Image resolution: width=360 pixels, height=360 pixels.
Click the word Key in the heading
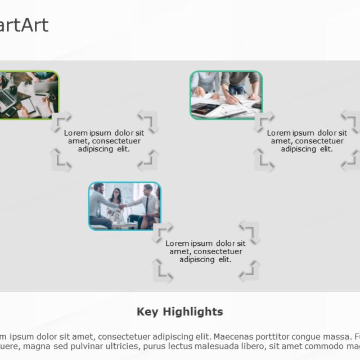click(x=148, y=312)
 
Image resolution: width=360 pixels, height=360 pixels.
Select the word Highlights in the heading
click(x=193, y=312)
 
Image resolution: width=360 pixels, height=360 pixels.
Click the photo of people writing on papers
click(x=226, y=94)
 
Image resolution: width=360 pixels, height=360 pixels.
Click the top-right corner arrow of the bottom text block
click(x=250, y=231)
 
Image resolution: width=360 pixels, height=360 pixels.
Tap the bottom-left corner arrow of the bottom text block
click(x=162, y=272)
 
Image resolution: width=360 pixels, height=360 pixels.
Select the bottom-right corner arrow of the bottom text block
click(x=250, y=272)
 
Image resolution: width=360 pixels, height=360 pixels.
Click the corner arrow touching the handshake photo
click(x=162, y=231)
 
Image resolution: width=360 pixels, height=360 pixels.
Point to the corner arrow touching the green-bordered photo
click(x=61, y=121)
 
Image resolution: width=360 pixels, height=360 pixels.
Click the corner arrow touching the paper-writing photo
click(x=264, y=121)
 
